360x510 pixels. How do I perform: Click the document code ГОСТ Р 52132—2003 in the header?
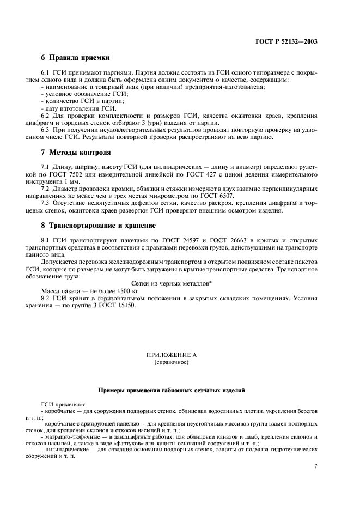pos(288,41)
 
